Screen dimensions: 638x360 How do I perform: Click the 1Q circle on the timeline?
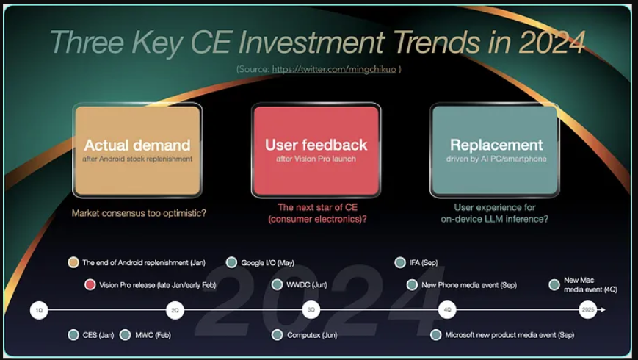39,310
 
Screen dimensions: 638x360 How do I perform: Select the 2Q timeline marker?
175,310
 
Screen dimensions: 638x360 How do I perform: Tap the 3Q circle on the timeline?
311,310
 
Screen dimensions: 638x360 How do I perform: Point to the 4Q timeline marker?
447,310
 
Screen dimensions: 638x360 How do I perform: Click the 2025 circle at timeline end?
587,310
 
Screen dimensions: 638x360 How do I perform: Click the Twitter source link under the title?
334,69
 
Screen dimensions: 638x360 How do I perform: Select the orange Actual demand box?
137,151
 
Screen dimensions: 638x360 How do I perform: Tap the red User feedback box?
316,151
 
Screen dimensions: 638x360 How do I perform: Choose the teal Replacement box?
495,151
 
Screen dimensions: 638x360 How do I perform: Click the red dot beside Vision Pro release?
90,284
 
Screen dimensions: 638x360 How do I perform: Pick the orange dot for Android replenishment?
73,262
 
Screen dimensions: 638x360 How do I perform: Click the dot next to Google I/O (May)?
231,262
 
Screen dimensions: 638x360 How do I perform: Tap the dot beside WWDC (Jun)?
277,284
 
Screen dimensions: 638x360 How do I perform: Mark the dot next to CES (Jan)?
73,335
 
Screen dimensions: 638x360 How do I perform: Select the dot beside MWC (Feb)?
126,335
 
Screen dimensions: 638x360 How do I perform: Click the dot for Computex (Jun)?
277,335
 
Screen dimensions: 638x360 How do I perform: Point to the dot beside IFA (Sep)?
400,262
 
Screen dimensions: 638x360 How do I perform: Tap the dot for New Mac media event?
554,284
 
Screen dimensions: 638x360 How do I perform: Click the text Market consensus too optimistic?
139,213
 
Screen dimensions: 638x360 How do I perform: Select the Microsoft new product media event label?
510,335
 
